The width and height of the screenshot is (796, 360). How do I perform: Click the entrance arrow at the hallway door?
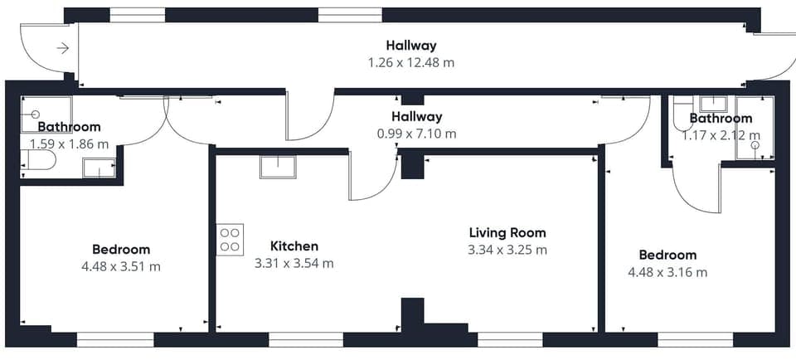click(x=62, y=48)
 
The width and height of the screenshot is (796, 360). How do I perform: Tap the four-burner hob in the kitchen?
click(x=230, y=240)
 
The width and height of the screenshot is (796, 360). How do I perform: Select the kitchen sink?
click(x=276, y=167)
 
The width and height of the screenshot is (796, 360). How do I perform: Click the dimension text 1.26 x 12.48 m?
click(x=411, y=62)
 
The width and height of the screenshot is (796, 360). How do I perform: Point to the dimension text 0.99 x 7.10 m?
click(x=416, y=134)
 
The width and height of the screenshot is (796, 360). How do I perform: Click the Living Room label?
click(x=507, y=233)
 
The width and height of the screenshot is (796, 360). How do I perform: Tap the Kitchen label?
click(x=294, y=246)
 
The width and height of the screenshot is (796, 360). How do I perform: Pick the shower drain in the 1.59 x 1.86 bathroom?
click(x=36, y=114)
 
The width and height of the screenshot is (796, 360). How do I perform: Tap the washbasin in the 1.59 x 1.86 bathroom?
click(x=99, y=168)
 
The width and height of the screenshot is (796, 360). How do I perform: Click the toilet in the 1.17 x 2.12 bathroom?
click(x=682, y=117)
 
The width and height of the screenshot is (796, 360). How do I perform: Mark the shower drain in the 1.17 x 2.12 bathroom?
click(x=755, y=145)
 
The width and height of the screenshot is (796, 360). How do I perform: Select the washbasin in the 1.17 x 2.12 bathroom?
click(x=711, y=104)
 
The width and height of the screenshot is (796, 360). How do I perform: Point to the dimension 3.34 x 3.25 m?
click(x=507, y=250)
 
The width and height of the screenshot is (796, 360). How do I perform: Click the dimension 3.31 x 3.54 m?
click(x=295, y=264)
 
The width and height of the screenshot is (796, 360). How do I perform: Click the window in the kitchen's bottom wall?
click(x=306, y=339)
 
